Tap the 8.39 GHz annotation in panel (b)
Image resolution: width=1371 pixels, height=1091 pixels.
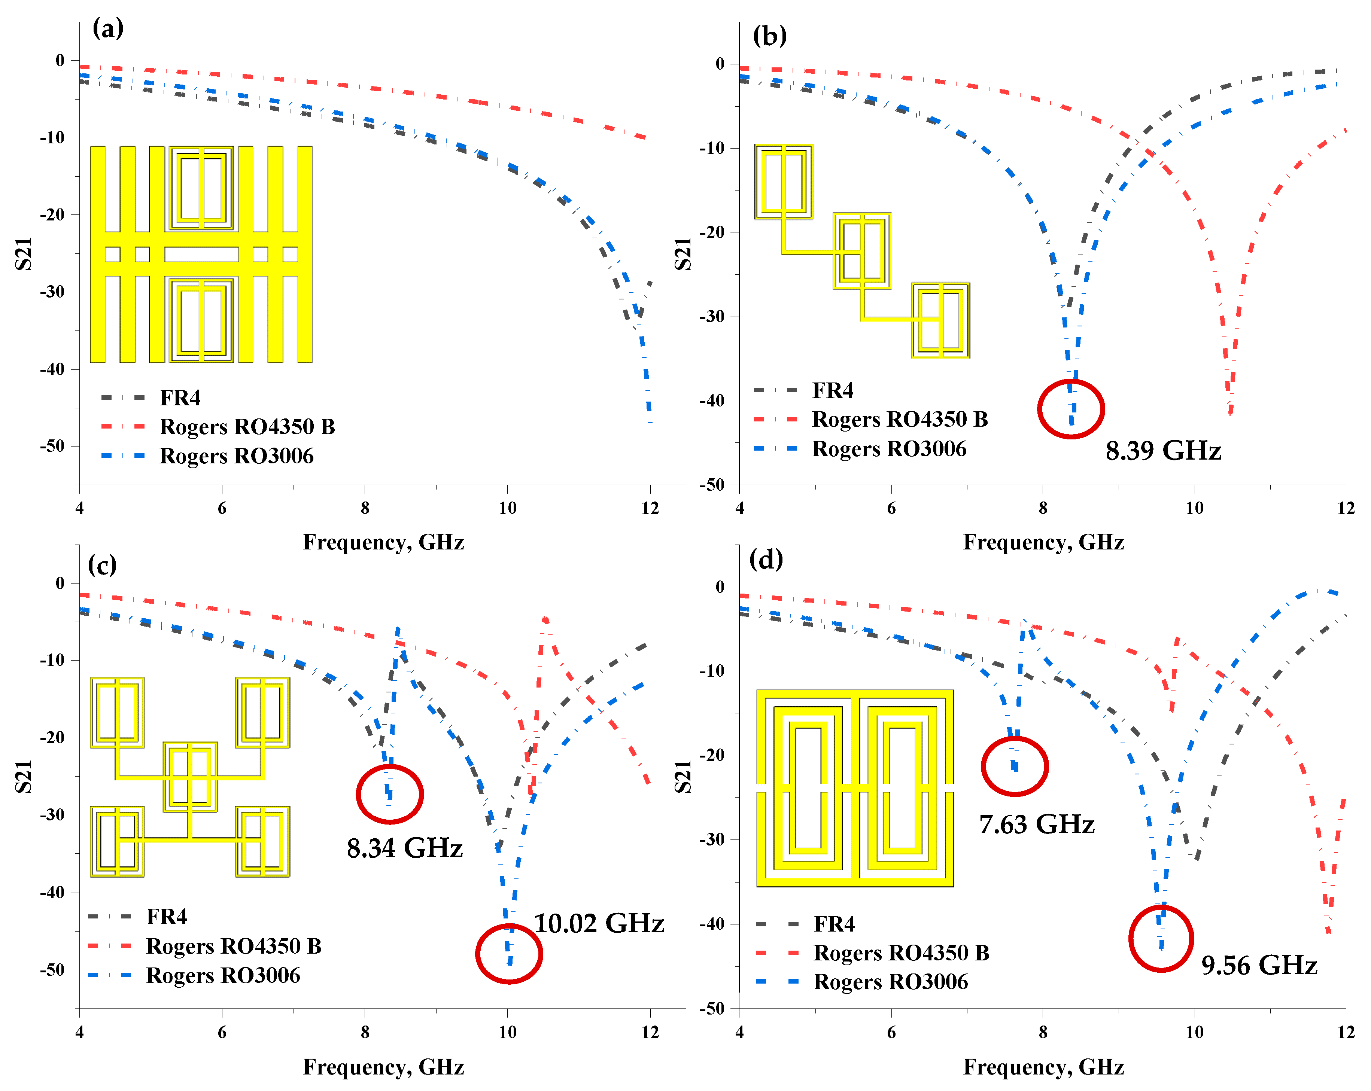tap(1163, 451)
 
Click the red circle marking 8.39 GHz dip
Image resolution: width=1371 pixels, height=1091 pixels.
tap(1071, 409)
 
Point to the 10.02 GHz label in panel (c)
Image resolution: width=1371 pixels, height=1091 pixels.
tap(598, 923)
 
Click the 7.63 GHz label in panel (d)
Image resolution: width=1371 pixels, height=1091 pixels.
tap(1037, 824)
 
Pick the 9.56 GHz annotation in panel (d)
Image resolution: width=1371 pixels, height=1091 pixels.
tap(1259, 965)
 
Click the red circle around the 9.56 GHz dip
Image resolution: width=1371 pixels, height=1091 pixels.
tap(1161, 938)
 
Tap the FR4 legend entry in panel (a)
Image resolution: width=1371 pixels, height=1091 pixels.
tap(180, 398)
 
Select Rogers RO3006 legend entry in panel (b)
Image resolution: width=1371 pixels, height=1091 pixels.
tap(889, 449)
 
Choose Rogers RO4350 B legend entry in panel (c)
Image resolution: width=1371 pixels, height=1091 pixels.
tap(233, 946)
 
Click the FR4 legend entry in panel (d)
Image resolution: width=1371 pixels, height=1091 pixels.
tap(834, 924)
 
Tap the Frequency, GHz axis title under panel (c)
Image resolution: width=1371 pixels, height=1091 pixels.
tap(383, 1067)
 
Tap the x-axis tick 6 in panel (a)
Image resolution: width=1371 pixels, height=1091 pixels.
tap(222, 508)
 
